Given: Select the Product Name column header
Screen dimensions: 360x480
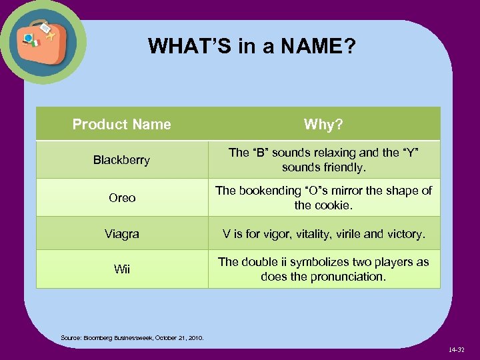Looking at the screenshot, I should coord(121,124).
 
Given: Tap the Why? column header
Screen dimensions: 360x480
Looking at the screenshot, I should coord(323,124).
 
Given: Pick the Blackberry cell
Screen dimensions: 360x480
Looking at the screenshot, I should coord(121,160).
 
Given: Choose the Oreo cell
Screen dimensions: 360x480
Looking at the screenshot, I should coord(122,198).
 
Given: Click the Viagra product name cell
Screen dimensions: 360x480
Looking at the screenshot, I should coord(122,234).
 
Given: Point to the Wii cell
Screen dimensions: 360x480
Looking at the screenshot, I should coord(122,269).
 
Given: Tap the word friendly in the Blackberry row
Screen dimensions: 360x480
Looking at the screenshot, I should coord(343,167).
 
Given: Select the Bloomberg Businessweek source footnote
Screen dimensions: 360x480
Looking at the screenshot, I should coord(132,338).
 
